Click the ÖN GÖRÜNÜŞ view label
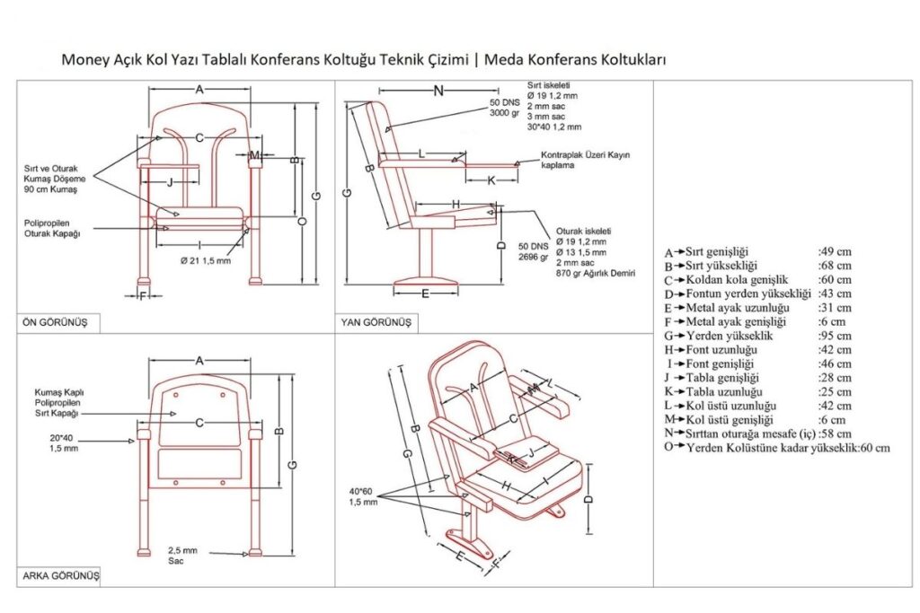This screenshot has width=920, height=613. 55,322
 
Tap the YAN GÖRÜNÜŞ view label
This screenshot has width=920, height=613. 376,322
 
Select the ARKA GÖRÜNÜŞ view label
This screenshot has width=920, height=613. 61,575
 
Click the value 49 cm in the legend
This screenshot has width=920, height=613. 835,252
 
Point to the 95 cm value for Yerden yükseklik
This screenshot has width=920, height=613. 835,336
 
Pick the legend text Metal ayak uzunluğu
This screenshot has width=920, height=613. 738,308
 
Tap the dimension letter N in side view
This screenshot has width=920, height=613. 438,91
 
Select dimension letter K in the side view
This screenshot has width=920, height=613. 491,180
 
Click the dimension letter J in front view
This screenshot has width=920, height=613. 170,182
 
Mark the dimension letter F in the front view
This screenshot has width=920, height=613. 143,296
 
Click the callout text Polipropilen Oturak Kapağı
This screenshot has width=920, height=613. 52,229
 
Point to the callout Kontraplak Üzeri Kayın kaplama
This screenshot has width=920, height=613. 586,160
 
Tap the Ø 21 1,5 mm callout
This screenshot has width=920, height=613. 206,261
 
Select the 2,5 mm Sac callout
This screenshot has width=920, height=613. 182,556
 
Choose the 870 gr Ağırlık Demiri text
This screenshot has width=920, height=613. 596,273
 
